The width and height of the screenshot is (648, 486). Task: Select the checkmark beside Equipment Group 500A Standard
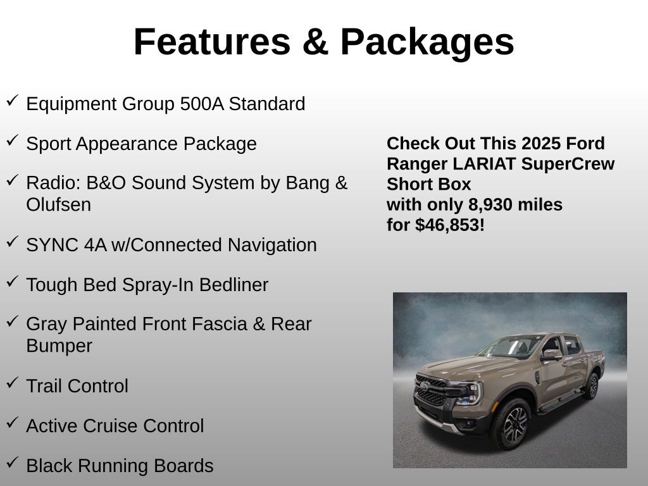[x=13, y=101]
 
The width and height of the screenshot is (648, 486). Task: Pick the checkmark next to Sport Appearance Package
[x=13, y=140]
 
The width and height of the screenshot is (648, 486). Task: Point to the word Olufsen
[x=58, y=205]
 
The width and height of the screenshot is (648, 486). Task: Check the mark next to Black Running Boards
[x=13, y=463]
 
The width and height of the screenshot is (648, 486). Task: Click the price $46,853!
[x=450, y=225]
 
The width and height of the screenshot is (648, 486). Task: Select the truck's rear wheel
[x=591, y=385]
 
